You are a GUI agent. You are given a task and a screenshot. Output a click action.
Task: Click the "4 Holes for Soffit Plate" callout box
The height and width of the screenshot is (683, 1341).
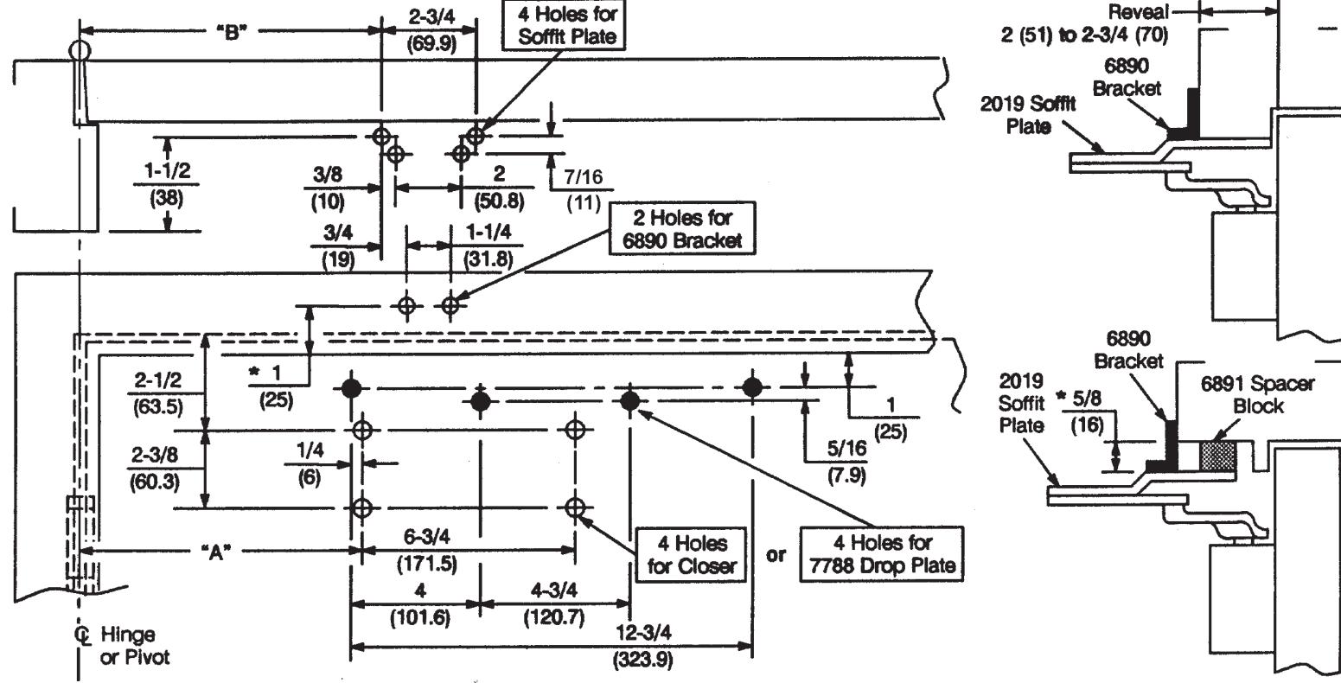(564, 25)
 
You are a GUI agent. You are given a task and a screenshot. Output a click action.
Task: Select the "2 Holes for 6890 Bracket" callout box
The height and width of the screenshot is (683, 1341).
(682, 228)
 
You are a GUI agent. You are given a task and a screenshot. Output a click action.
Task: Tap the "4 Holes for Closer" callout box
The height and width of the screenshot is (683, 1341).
(691, 554)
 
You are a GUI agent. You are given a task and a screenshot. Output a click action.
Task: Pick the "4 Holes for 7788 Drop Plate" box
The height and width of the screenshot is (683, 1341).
(882, 554)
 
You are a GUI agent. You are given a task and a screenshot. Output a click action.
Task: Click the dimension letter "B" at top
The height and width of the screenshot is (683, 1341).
(232, 32)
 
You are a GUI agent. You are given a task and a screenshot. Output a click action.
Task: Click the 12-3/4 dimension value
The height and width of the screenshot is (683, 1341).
(643, 632)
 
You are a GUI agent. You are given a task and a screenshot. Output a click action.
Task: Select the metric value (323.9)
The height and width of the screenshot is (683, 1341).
(643, 660)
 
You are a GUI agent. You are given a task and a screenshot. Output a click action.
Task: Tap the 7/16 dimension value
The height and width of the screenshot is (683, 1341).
(583, 176)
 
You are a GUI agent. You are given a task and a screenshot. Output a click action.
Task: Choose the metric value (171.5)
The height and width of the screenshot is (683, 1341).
(427, 564)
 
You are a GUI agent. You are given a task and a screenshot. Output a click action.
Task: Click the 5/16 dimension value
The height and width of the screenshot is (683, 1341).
(846, 449)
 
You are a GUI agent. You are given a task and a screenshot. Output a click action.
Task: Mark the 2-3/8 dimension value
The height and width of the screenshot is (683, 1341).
(155, 455)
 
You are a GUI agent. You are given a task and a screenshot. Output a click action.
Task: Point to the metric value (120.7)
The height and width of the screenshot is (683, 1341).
(553, 616)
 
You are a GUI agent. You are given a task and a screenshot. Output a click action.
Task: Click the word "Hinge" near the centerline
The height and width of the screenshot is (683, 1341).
(127, 634)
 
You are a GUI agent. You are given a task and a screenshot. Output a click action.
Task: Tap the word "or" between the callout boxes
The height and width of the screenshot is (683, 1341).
(776, 556)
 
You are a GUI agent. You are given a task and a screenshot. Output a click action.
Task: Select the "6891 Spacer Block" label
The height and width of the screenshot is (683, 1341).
(1258, 394)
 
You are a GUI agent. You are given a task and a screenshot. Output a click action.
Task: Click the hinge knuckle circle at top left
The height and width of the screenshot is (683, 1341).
(80, 50)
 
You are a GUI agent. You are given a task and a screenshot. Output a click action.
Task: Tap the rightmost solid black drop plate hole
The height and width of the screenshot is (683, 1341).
(752, 387)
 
